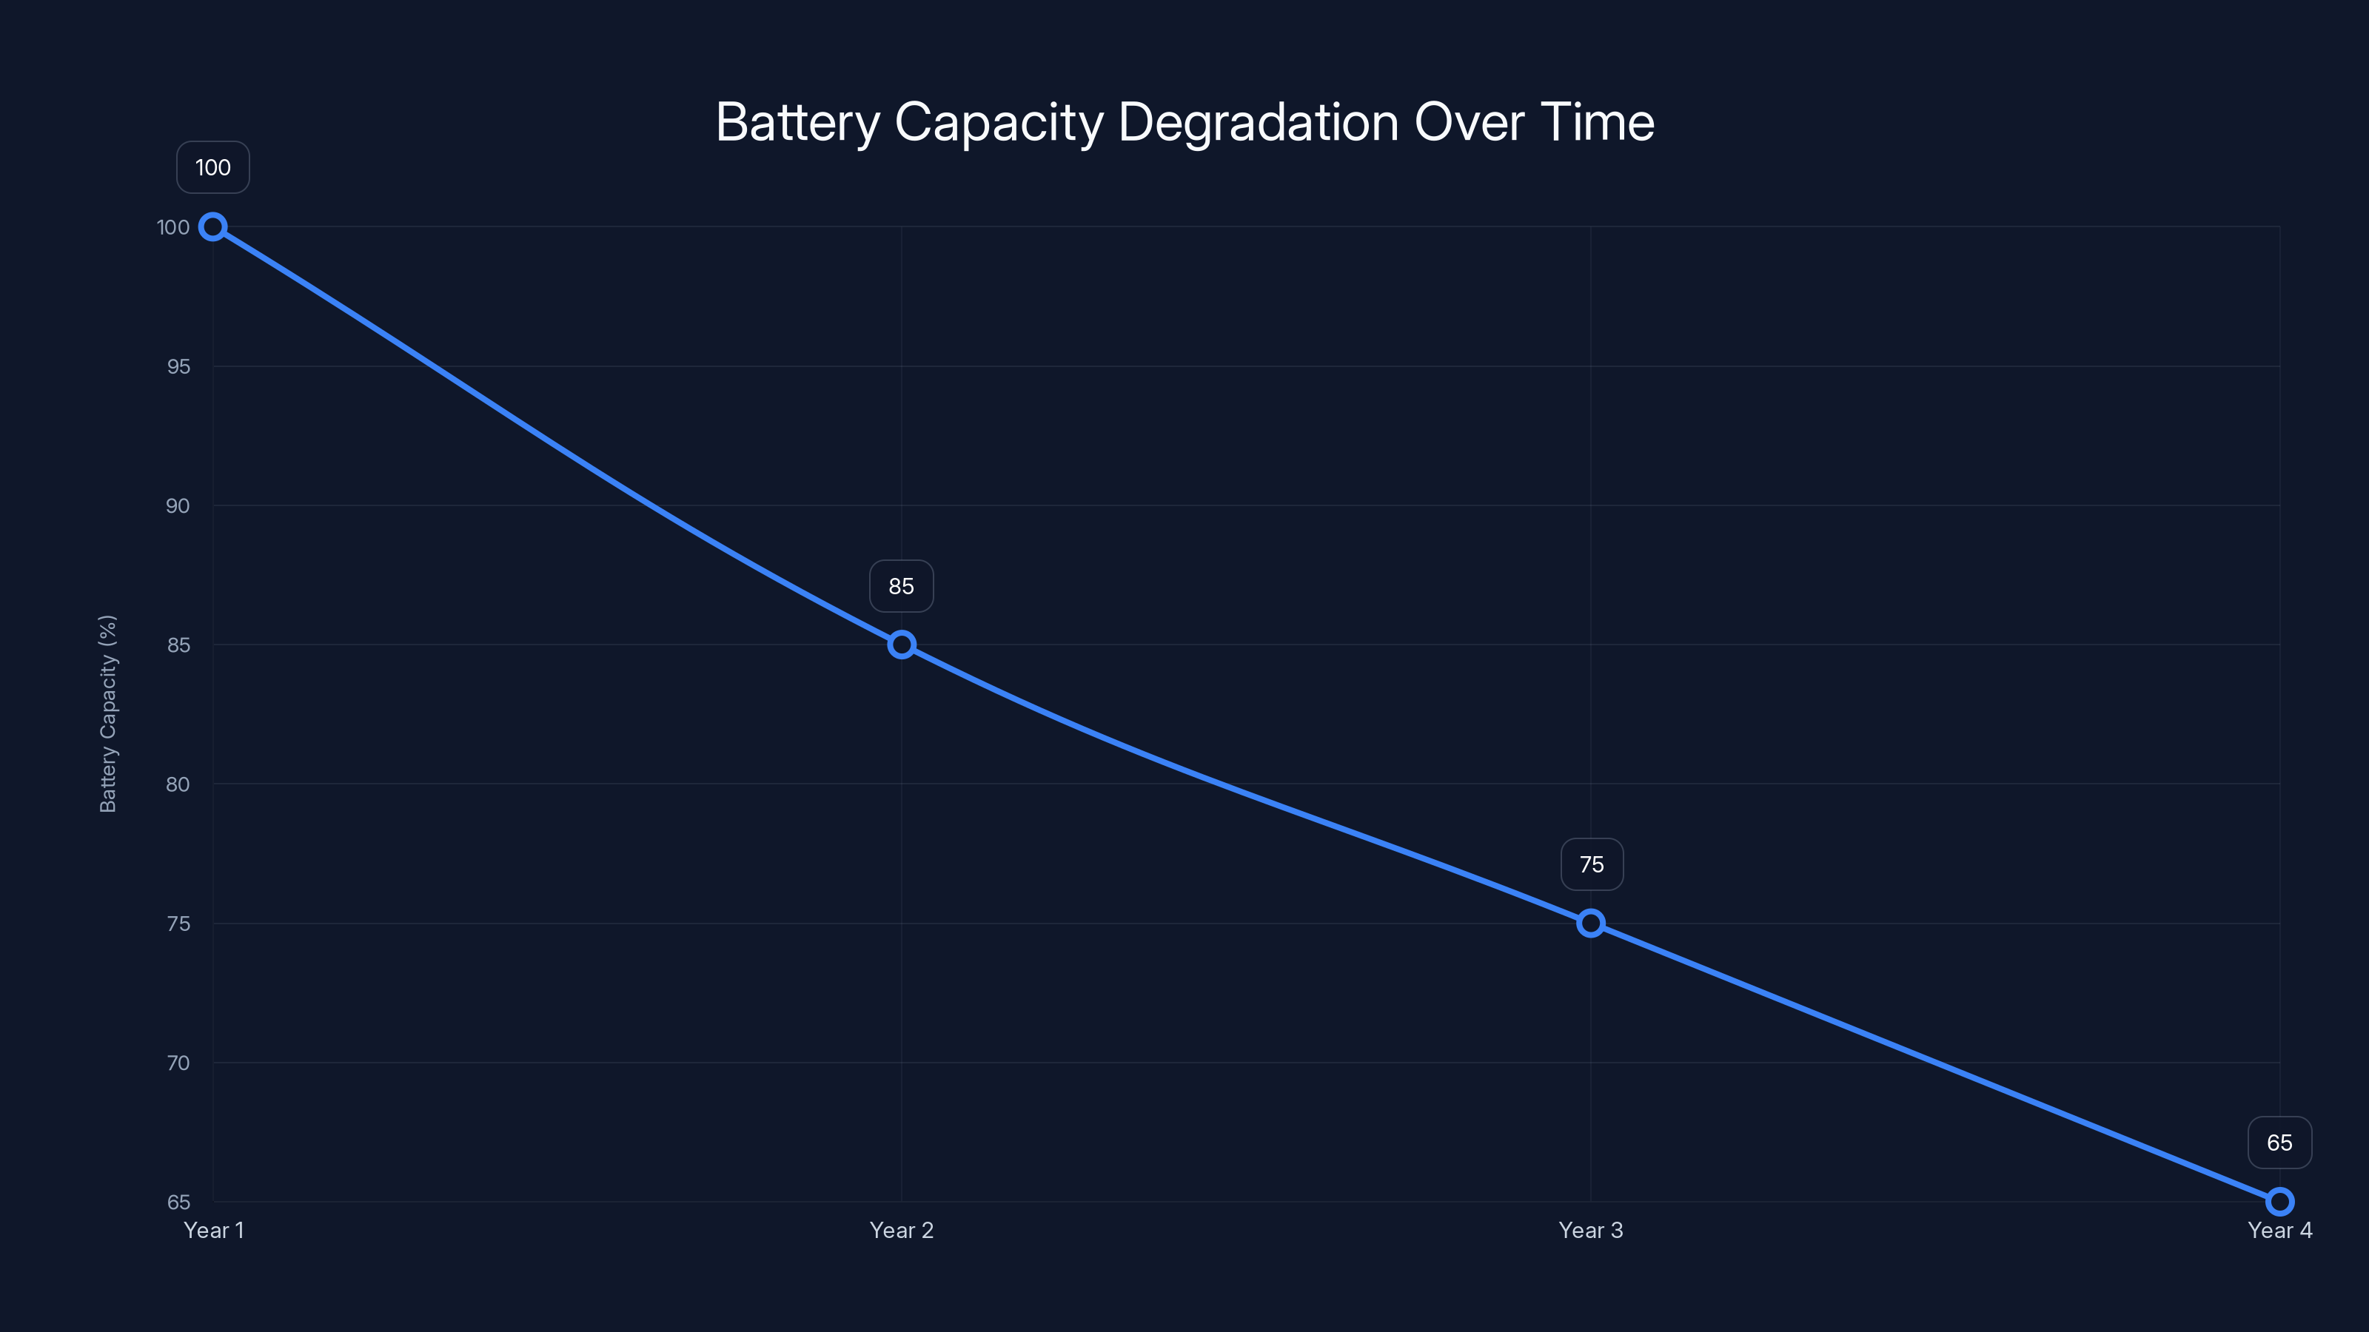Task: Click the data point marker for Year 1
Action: (212, 227)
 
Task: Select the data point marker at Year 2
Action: (901, 645)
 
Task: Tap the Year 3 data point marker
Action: (1590, 923)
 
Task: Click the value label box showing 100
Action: (212, 167)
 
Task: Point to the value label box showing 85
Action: (901, 585)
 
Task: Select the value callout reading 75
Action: (1591, 864)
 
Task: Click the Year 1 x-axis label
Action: (213, 1230)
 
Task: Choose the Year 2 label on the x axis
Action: (901, 1230)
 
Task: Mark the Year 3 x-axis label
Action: (1590, 1230)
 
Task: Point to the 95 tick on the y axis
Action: (178, 367)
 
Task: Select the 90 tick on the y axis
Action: (178, 505)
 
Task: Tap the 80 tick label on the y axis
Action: (178, 784)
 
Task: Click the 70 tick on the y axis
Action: (178, 1063)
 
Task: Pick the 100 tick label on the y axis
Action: (173, 227)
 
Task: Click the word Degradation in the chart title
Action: (1258, 122)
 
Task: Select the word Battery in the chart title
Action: (797, 122)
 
